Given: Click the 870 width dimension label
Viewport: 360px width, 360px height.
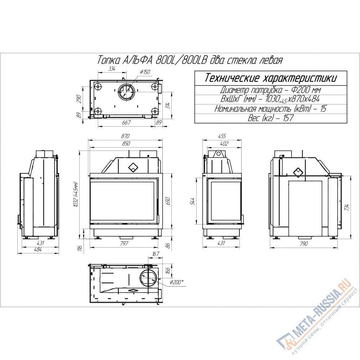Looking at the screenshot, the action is click(126, 136).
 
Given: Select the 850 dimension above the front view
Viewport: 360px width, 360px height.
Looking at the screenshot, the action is click(126, 144).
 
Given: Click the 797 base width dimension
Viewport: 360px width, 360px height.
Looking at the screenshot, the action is click(124, 243).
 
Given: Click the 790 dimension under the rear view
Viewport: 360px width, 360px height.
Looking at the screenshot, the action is click(303, 243).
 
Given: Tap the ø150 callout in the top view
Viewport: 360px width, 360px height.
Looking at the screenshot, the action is click(145, 72).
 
